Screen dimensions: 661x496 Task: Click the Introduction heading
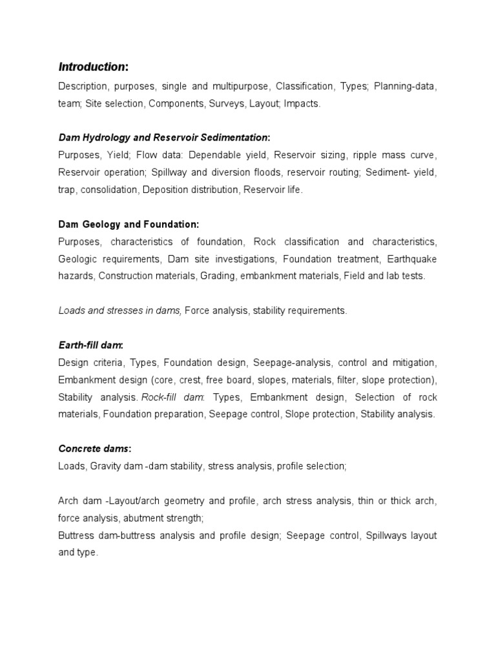pos(93,67)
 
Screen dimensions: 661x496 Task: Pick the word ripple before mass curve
pos(366,155)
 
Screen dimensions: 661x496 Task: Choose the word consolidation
pos(112,190)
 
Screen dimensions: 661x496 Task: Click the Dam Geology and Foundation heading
pos(129,224)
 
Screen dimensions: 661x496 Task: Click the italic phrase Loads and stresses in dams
pos(119,310)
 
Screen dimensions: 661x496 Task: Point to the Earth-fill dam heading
pos(90,345)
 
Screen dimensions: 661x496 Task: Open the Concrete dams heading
pos(94,449)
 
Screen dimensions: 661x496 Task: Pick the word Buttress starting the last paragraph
pos(76,536)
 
